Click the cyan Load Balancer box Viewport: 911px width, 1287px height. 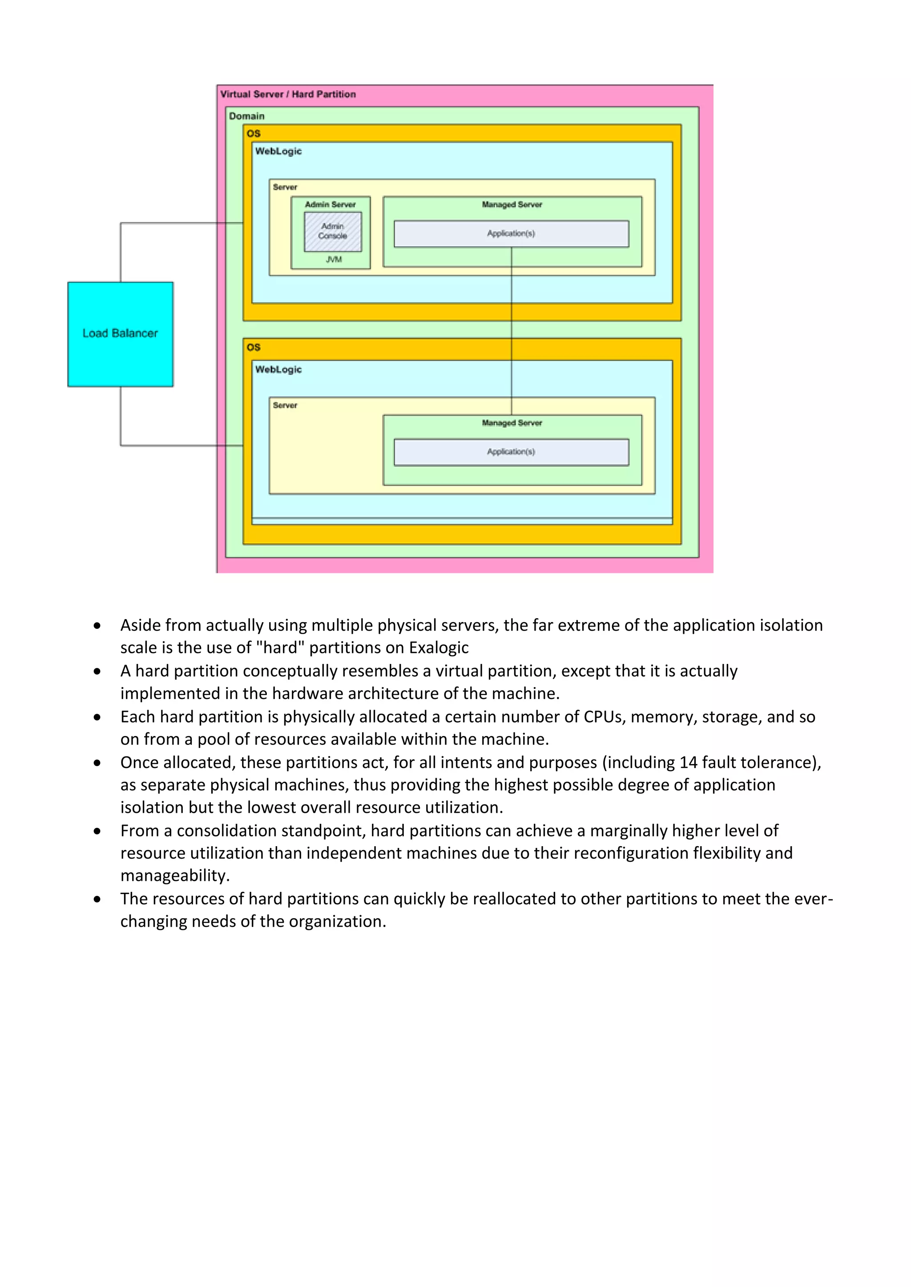(x=120, y=334)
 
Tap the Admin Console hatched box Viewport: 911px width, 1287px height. (x=333, y=231)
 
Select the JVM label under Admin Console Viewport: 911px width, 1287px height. (x=334, y=260)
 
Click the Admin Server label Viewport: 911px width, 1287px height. (x=331, y=204)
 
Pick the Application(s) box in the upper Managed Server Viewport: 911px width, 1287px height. (x=511, y=233)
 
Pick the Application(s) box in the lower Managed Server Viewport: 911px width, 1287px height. (x=511, y=452)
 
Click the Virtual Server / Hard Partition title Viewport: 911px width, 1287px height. (x=288, y=94)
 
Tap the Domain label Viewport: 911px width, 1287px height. (x=246, y=116)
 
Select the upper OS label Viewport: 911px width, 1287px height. (x=254, y=133)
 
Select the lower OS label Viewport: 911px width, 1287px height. (x=254, y=347)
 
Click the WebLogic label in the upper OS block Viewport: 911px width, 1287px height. (x=278, y=152)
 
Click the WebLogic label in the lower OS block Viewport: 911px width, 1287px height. (x=278, y=369)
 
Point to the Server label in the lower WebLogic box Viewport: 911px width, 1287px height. (x=285, y=405)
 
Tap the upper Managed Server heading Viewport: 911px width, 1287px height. (x=512, y=204)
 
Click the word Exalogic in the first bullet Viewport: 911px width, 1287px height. (x=439, y=648)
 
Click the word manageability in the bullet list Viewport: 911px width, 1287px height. (x=174, y=875)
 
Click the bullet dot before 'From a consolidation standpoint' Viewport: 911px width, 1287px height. (x=97, y=831)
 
